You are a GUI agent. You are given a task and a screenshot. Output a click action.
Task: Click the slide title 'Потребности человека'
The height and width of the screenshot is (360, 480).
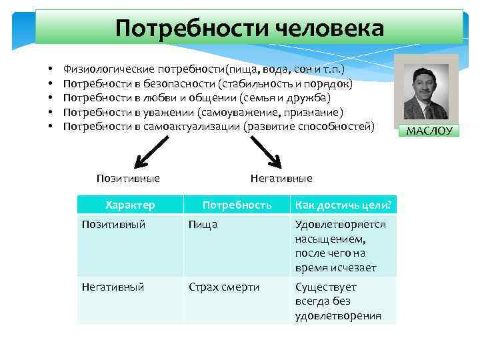[249, 28]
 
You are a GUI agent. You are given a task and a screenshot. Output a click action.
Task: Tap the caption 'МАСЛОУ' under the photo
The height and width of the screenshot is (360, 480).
[429, 131]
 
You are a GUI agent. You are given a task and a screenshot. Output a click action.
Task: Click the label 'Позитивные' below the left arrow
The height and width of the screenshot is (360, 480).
[128, 179]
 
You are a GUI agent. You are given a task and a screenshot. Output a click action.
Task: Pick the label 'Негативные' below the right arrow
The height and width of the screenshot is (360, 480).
[281, 179]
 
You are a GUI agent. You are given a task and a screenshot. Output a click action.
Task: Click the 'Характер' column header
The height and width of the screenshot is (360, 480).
[130, 205]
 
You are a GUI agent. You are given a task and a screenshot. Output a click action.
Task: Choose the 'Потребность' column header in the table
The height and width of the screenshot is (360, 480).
[237, 205]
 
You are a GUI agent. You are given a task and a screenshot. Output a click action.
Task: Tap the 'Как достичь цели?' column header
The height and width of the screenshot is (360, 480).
[343, 205]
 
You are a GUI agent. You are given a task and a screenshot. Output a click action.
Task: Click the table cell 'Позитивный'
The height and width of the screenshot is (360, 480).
[113, 225]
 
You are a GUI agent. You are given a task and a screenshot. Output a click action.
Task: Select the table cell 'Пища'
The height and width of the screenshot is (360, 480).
[203, 225]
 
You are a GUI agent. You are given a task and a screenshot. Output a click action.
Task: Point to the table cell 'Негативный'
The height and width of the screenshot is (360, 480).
[113, 287]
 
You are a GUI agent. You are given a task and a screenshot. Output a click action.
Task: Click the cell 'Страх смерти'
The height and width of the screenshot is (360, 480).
[224, 287]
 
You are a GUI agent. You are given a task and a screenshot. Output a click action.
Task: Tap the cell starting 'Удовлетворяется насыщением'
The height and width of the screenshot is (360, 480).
[340, 246]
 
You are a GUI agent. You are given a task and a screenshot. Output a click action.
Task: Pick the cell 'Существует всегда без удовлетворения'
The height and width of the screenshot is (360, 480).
[338, 301]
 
